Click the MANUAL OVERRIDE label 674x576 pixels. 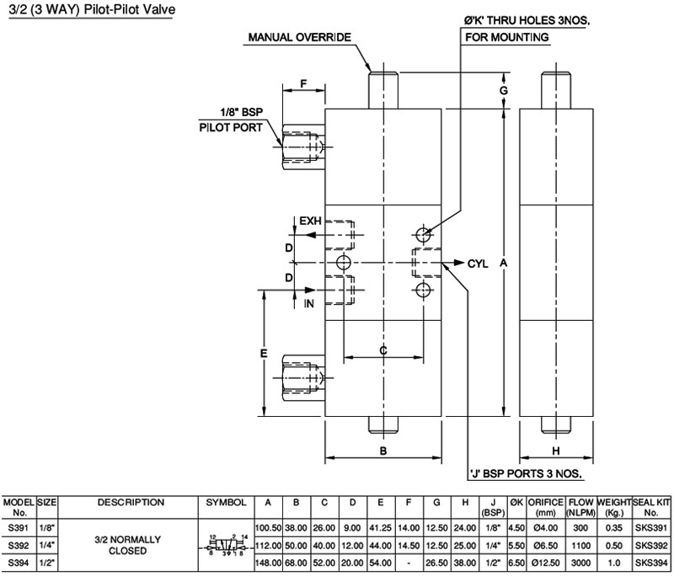pyautogui.click(x=299, y=37)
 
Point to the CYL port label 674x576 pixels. pyautogui.click(x=478, y=263)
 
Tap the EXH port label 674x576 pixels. pyautogui.click(x=311, y=221)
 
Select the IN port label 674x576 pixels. pyautogui.click(x=308, y=304)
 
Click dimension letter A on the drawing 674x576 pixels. pyautogui.click(x=503, y=263)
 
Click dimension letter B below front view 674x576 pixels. pyautogui.click(x=382, y=451)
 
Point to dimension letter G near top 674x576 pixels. pyautogui.click(x=503, y=89)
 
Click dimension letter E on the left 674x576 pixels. pyautogui.click(x=264, y=354)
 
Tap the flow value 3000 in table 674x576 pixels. pyautogui.click(x=579, y=562)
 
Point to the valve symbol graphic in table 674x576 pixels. pyautogui.click(x=225, y=545)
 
